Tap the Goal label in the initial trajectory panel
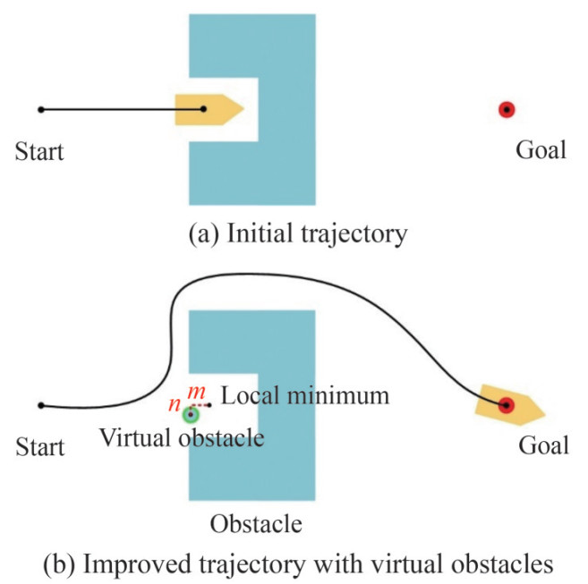coord(541,149)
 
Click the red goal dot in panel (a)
coord(507,109)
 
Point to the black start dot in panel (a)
coord(40,109)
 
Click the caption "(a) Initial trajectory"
coord(298,234)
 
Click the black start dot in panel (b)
coord(40,405)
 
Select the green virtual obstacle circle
coord(190,414)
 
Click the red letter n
coord(175,403)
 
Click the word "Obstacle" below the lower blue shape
coord(255,522)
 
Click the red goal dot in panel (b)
coord(507,404)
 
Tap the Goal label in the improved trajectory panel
coord(542,444)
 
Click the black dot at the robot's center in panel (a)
coord(204,109)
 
